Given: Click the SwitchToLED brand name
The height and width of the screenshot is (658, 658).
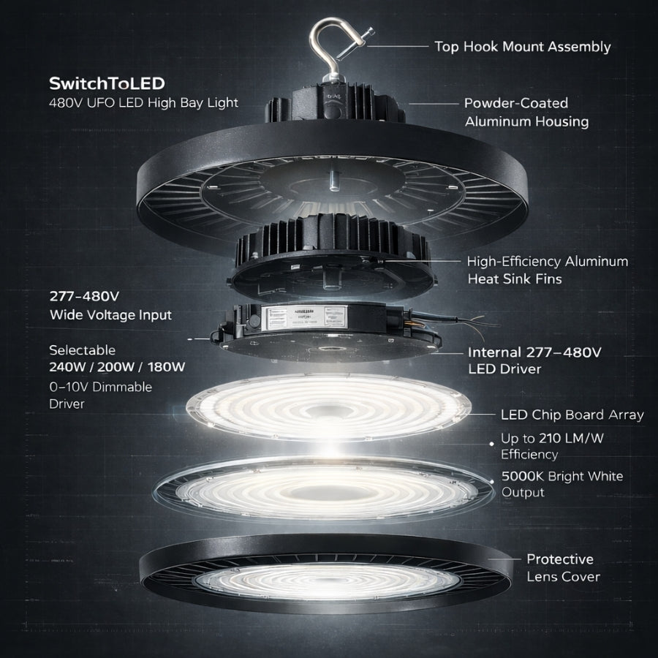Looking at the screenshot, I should coord(107,83).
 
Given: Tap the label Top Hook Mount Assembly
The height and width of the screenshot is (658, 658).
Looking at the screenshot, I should coord(522,47).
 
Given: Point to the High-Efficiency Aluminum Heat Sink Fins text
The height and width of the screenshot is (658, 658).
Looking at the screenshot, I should coord(548,270).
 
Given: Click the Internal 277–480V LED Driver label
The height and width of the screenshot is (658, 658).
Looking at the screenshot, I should coord(534,360).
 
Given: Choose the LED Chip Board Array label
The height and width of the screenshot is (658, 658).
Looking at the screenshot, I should coord(572,415).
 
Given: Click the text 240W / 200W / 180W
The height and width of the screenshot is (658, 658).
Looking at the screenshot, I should coord(117,367).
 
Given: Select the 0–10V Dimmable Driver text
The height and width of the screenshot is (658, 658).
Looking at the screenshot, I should coord(100,395).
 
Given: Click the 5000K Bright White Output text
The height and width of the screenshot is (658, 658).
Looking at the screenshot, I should coord(561,484).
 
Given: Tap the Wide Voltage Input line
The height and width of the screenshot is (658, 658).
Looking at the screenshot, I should coord(110,315).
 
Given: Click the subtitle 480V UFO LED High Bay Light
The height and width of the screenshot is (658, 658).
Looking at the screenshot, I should coord(143,102).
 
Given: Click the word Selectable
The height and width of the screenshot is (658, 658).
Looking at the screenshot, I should coord(82,350).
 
